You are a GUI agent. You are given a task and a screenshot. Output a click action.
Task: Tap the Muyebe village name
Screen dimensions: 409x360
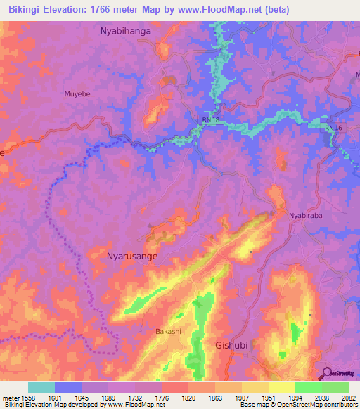pos(79,91)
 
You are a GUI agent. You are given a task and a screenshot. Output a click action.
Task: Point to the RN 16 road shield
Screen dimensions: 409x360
pos(333,128)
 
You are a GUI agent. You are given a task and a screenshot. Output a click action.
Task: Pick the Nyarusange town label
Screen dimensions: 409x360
pos(131,257)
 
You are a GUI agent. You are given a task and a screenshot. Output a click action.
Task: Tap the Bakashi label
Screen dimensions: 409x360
pos(169,330)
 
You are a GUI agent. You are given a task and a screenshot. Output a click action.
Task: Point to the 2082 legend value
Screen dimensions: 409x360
pos(348,397)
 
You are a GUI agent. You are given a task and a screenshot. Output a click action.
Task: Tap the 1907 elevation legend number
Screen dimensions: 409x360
pos(241,397)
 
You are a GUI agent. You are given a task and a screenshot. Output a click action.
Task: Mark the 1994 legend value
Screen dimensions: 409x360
pos(295,397)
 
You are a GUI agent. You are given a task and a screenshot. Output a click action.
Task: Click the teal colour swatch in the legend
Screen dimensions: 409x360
pos(41,387)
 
